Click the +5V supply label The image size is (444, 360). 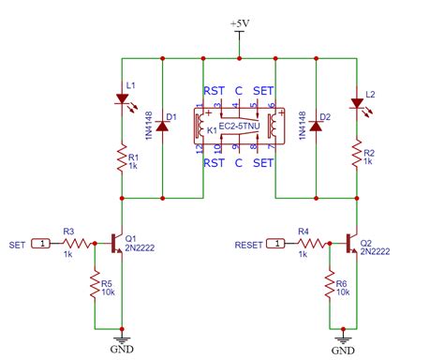click(240, 22)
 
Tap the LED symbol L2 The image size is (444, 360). click(357, 101)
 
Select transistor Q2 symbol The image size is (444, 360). click(352, 243)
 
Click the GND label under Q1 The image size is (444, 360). click(123, 350)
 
